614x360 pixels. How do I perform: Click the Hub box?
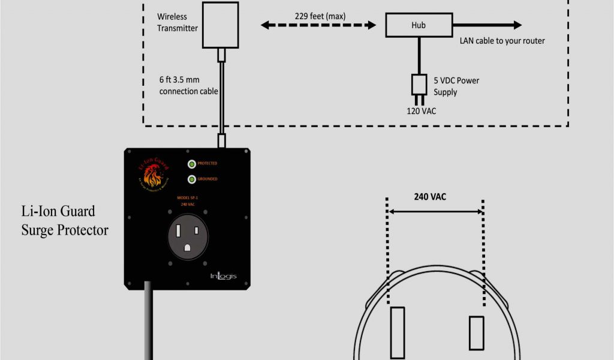tap(418, 25)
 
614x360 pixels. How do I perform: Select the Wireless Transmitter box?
tap(221, 24)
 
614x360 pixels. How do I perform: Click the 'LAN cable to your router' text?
tap(502, 41)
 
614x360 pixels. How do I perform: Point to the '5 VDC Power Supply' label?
tap(456, 86)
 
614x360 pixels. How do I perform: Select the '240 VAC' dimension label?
tap(430, 196)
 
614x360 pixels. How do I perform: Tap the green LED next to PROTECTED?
tap(191, 164)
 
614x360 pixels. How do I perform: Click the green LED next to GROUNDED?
tap(191, 179)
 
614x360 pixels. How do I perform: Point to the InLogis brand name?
tap(223, 276)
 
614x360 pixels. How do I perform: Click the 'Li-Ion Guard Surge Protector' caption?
tap(65, 220)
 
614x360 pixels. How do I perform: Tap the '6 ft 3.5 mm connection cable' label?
tap(188, 85)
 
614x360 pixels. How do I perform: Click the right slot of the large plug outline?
tap(476, 332)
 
